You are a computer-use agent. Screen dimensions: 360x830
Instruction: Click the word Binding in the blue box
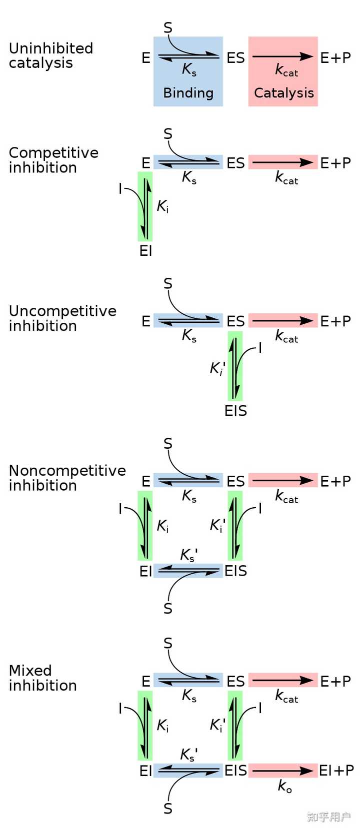click(x=188, y=92)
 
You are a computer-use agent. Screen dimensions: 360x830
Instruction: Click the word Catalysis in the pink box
click(x=284, y=92)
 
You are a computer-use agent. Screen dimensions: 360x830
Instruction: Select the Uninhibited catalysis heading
click(x=51, y=55)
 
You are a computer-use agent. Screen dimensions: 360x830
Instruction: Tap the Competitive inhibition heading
click(x=54, y=160)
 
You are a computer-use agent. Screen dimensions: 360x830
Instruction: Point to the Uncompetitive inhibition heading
click(x=62, y=318)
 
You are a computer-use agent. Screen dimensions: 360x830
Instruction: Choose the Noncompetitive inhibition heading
click(x=67, y=478)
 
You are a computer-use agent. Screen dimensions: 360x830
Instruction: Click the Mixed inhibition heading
click(x=43, y=678)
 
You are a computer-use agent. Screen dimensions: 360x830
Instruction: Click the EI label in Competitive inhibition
click(x=145, y=251)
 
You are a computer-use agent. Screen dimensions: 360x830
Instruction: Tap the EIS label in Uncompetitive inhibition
click(x=236, y=411)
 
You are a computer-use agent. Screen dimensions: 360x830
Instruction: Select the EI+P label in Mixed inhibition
click(x=336, y=771)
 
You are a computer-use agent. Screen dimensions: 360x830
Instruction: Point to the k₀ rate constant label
click(x=284, y=786)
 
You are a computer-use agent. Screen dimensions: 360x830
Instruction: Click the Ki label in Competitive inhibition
click(x=163, y=206)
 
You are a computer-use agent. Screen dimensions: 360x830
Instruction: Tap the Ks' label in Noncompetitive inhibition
click(x=189, y=555)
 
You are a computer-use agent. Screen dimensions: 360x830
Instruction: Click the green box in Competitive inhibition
click(x=145, y=206)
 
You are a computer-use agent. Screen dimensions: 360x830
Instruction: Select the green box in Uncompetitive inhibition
click(x=235, y=366)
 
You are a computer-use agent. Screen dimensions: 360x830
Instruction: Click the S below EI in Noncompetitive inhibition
click(x=168, y=609)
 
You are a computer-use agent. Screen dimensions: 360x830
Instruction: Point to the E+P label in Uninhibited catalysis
click(x=335, y=58)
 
